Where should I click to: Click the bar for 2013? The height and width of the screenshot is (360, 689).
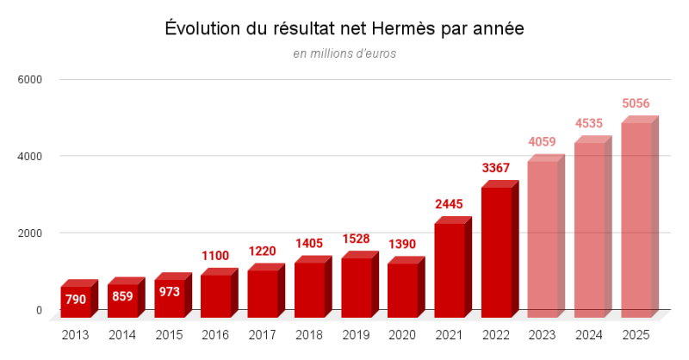[76, 299]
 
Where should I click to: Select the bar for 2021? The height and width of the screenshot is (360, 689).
[450, 267]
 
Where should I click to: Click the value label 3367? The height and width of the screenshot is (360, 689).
[496, 167]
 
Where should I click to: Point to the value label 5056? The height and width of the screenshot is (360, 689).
[636, 103]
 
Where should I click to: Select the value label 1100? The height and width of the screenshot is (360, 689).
[215, 256]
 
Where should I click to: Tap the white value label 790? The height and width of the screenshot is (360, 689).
[76, 299]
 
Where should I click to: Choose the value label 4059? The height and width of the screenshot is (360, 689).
[543, 141]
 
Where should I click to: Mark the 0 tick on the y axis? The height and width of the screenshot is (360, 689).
[38, 310]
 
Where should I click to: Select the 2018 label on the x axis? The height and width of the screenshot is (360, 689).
[308, 334]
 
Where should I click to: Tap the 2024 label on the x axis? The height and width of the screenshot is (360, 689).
[589, 334]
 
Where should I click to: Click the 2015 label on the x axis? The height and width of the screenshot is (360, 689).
[169, 334]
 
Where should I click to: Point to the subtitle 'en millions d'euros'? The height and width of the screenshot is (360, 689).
[344, 53]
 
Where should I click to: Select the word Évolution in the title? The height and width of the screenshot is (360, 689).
[201, 28]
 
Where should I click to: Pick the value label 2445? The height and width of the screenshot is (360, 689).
[450, 204]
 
